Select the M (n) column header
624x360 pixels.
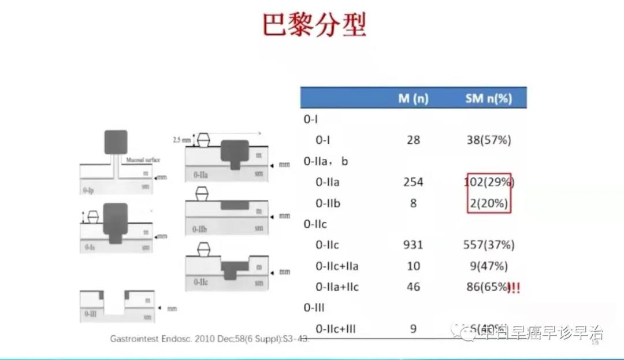413,98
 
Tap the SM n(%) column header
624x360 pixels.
488,98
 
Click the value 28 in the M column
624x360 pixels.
413,140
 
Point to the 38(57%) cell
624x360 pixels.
489,140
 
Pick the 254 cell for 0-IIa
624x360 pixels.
413,182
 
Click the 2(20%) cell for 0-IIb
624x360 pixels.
489,203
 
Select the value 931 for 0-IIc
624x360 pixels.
413,245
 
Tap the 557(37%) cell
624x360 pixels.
489,245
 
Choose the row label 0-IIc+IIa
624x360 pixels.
337,266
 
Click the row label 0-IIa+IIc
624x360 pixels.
337,287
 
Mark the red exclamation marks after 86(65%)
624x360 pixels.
514,287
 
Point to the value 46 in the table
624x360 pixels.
413,287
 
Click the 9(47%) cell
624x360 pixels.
489,266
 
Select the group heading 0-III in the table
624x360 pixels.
314,308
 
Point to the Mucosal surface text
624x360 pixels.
140,159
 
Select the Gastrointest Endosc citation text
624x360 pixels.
210,339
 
